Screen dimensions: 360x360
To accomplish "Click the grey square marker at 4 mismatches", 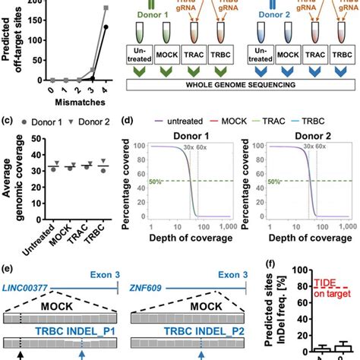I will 106,8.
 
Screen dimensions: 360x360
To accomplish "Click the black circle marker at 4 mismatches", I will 106,27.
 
